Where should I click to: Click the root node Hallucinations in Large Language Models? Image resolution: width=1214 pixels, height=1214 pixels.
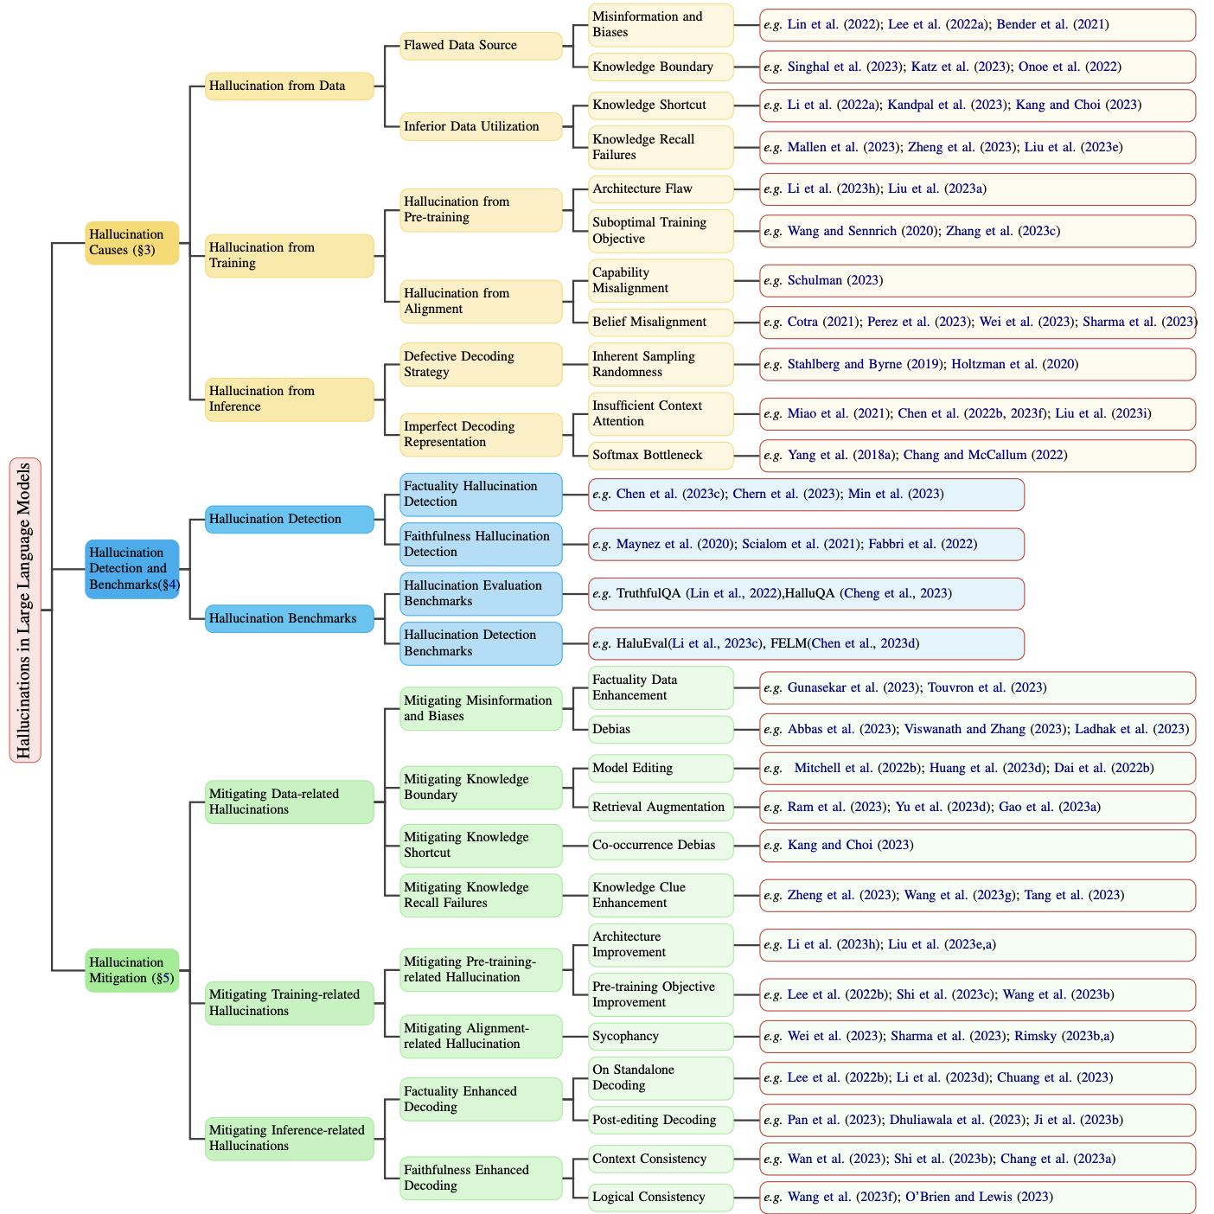coord(24,610)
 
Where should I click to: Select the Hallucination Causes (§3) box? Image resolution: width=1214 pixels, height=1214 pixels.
coord(132,242)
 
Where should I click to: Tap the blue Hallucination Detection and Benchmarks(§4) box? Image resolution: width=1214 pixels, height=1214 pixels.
coord(132,568)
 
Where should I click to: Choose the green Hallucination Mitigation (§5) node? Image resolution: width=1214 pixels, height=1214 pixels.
coord(132,970)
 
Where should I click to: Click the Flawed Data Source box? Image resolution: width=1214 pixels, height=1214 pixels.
coord(480,45)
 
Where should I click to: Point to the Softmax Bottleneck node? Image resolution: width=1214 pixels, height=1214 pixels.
coord(660,455)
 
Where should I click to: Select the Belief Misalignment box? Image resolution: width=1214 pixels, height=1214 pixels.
coord(660,322)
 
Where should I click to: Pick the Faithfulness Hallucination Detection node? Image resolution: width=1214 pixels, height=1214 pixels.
coord(480,544)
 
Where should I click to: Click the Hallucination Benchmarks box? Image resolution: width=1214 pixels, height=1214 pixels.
coord(289,618)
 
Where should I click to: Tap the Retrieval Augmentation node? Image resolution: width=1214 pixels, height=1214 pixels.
coord(660,807)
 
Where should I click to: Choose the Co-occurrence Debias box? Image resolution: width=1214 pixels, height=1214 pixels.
coord(660,845)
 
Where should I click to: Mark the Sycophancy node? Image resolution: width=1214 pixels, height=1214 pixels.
coord(660,1036)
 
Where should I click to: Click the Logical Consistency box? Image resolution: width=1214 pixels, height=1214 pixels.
coord(660,1197)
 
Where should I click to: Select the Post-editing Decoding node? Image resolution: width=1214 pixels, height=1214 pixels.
coord(660,1120)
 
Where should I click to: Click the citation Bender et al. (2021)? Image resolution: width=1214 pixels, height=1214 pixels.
coord(1052,24)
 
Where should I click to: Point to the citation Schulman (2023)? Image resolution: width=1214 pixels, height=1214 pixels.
coord(834,280)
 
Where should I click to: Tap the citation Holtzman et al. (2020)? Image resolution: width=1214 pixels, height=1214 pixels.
coord(1014,364)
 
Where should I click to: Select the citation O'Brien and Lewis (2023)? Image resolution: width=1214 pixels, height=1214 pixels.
coord(978,1197)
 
